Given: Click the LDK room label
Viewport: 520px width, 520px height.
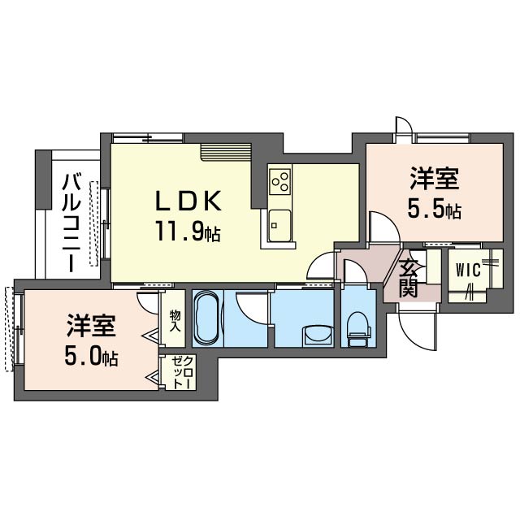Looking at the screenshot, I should pos(188,201).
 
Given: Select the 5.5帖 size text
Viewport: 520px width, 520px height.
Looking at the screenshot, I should pos(434,210).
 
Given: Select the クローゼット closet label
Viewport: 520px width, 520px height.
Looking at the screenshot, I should pos(177,374).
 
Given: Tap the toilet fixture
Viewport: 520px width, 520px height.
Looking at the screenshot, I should pos(355,330).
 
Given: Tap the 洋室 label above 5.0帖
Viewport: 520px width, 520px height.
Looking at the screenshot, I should pos(92,327).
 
